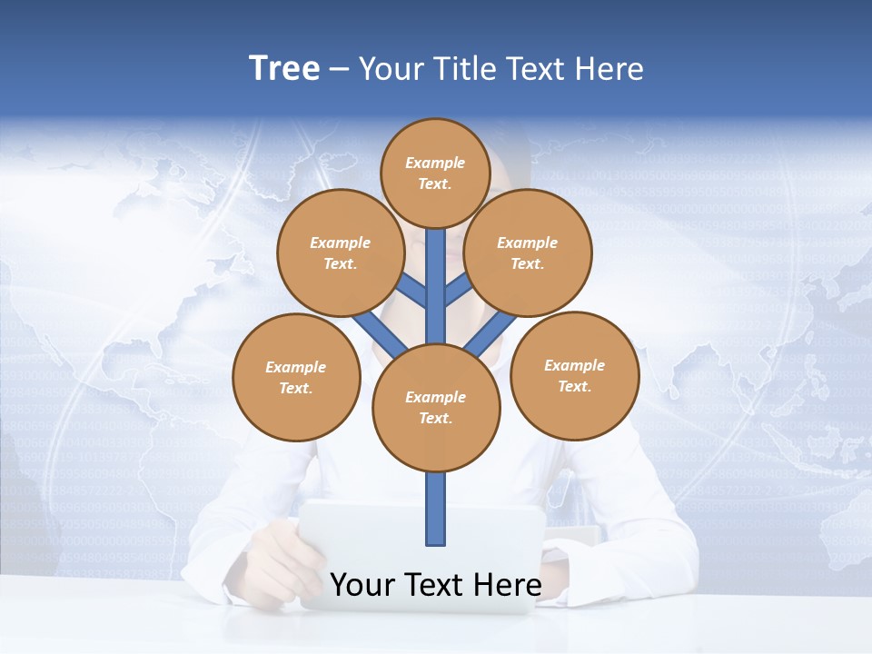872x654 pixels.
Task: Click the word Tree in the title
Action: point(284,68)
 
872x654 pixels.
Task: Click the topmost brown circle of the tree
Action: point(436,173)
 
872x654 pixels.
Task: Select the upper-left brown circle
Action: point(341,253)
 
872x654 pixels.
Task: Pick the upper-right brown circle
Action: point(528,253)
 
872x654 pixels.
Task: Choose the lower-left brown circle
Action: point(296,377)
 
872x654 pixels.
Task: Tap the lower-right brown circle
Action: point(574,375)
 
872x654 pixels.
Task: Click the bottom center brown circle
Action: point(436,408)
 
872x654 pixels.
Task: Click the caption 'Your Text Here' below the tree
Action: point(436,585)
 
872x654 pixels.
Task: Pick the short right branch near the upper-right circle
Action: point(458,291)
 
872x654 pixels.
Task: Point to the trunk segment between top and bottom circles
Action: point(436,286)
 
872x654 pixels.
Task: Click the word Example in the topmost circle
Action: point(435,163)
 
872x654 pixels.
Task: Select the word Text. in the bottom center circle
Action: point(435,419)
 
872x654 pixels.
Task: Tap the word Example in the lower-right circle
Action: point(574,365)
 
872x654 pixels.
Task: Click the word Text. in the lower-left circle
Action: point(295,389)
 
